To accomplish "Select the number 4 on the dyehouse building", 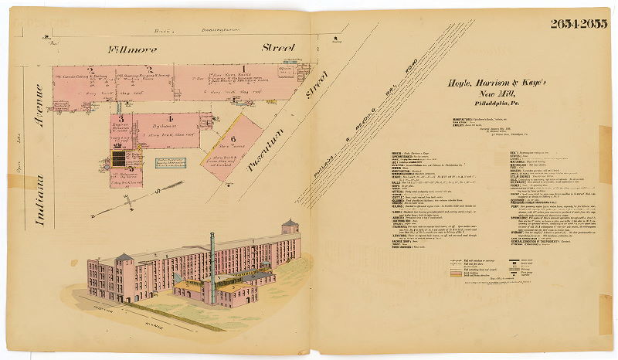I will [x=182, y=118].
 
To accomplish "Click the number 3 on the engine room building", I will [x=121, y=118].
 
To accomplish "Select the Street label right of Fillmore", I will [x=277, y=48].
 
